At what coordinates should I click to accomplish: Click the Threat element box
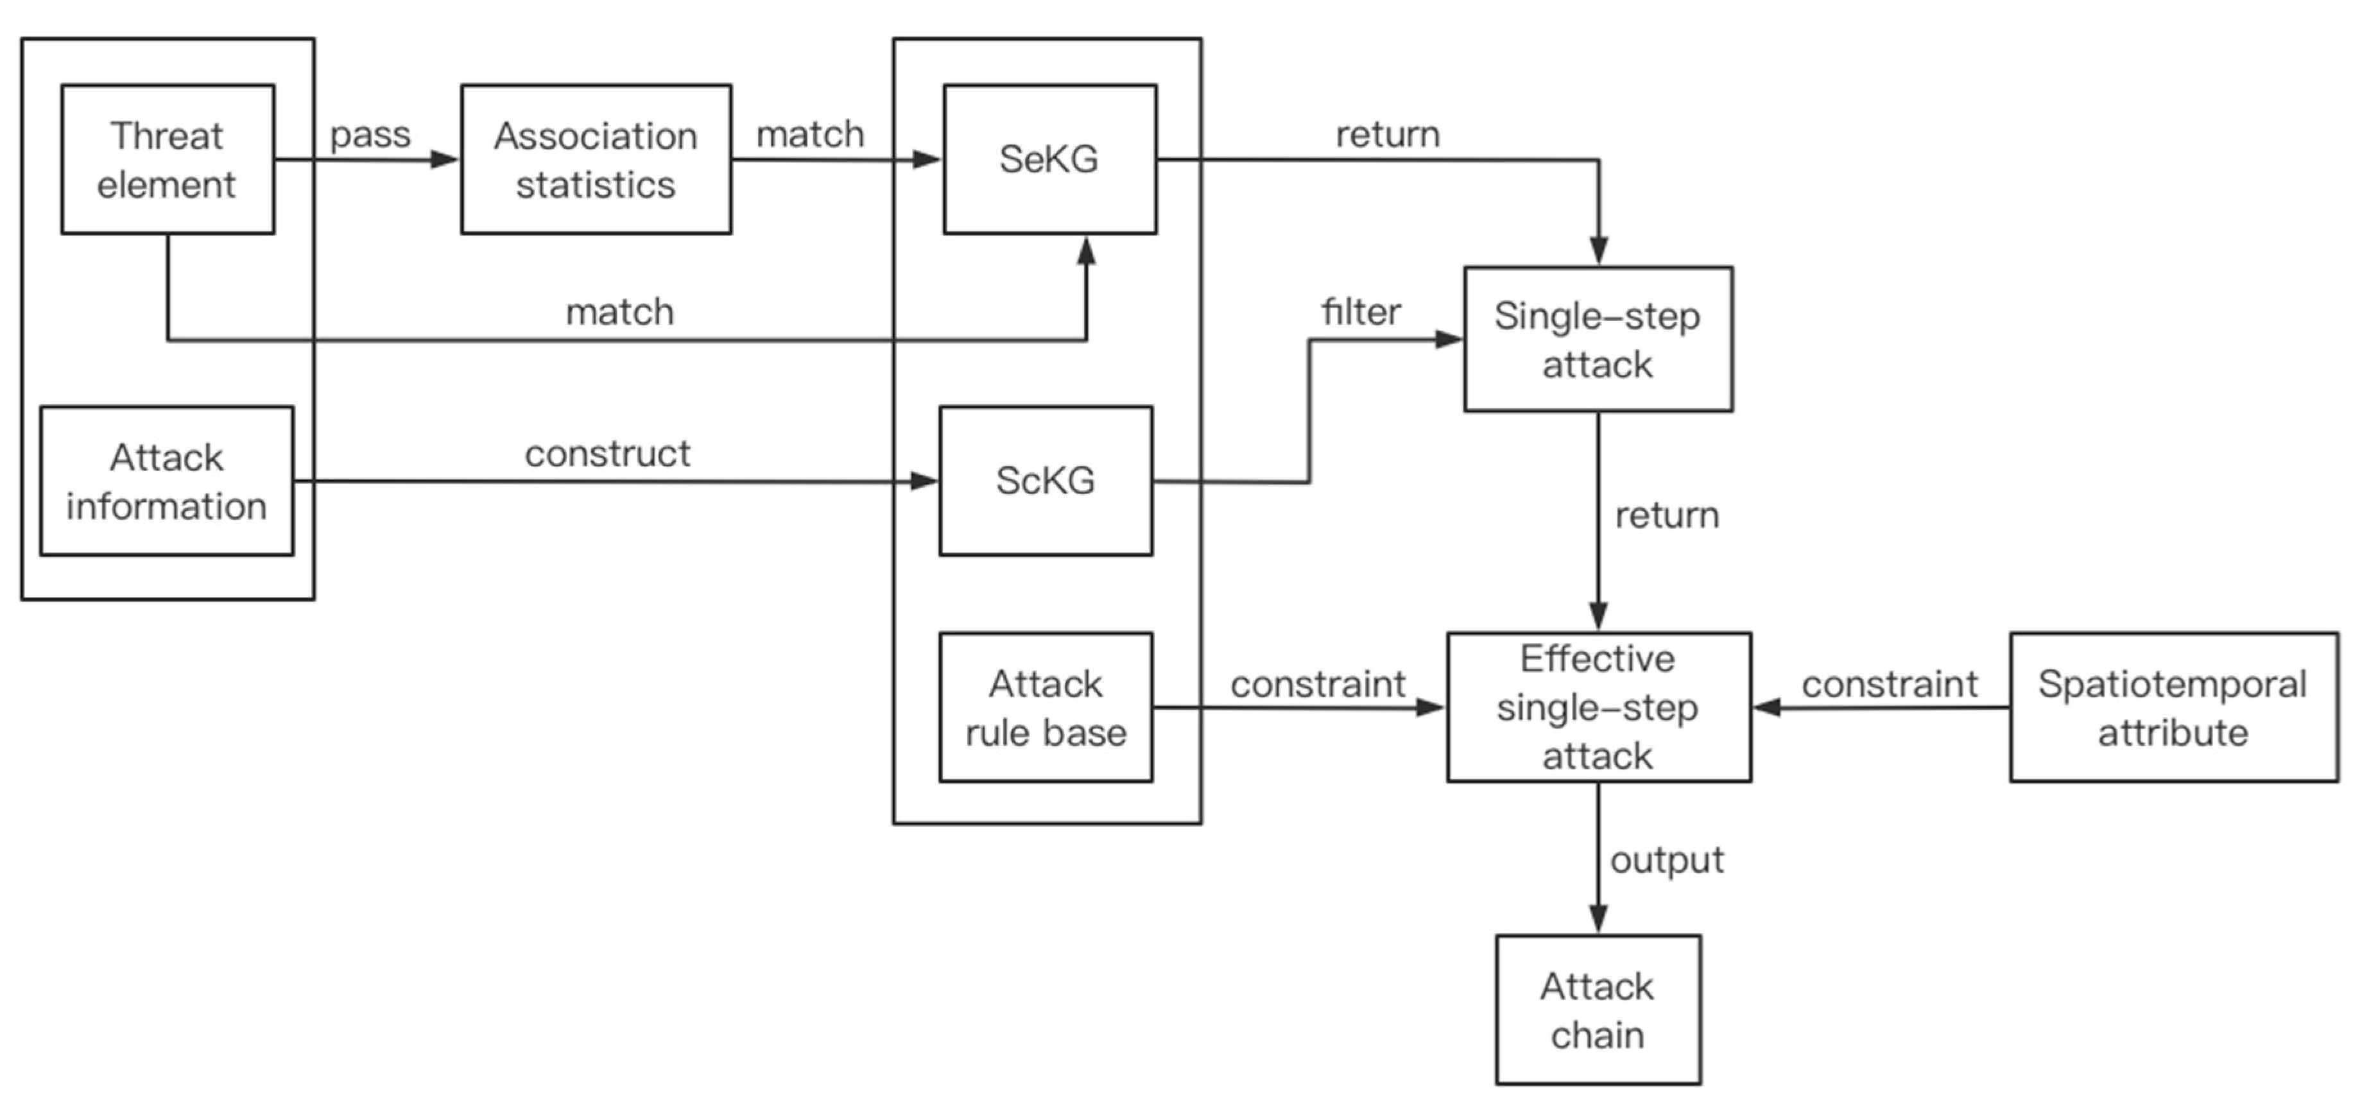point(167,160)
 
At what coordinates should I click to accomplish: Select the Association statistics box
point(596,160)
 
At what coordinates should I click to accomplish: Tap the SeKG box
point(1049,160)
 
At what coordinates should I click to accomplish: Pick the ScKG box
point(1045,481)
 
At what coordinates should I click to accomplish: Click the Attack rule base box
point(1045,707)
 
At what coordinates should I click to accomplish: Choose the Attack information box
point(166,481)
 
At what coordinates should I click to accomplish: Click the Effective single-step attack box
point(1598,707)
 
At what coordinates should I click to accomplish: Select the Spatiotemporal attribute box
point(2173,707)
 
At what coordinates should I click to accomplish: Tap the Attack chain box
point(1598,1010)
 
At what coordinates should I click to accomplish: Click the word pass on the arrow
point(370,135)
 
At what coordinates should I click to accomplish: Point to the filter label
point(1360,313)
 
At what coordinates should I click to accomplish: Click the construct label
point(607,454)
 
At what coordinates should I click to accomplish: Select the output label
point(1666,859)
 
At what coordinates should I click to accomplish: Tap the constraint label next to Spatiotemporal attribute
point(1889,684)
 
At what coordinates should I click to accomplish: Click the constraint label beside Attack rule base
point(1317,684)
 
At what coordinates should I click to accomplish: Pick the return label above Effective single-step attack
point(1666,515)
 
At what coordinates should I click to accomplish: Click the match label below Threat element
point(619,313)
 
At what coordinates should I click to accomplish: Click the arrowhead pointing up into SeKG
point(1086,250)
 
